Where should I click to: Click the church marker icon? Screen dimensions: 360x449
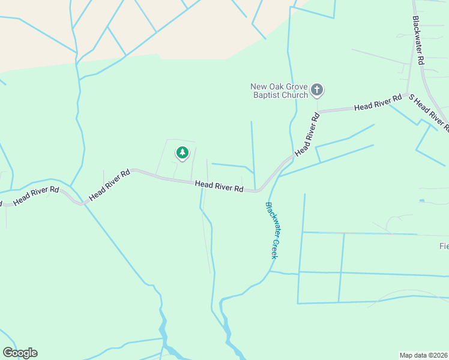click(x=317, y=91)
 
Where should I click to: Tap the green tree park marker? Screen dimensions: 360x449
click(x=182, y=153)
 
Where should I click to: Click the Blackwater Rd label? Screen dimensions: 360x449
click(x=419, y=41)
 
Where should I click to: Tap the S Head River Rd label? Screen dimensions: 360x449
click(x=429, y=113)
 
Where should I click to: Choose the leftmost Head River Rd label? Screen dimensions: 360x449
click(x=36, y=196)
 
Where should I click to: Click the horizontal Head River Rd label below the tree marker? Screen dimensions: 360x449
click(x=219, y=187)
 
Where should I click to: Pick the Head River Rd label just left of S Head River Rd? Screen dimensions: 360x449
click(x=378, y=103)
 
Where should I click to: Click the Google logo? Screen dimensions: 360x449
click(x=20, y=352)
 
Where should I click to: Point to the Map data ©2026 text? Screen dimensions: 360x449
click(x=423, y=355)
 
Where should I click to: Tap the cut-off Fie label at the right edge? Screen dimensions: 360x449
click(x=444, y=246)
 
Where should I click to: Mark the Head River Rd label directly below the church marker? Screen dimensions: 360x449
click(x=308, y=134)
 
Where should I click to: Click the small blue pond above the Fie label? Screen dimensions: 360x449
click(x=422, y=200)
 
